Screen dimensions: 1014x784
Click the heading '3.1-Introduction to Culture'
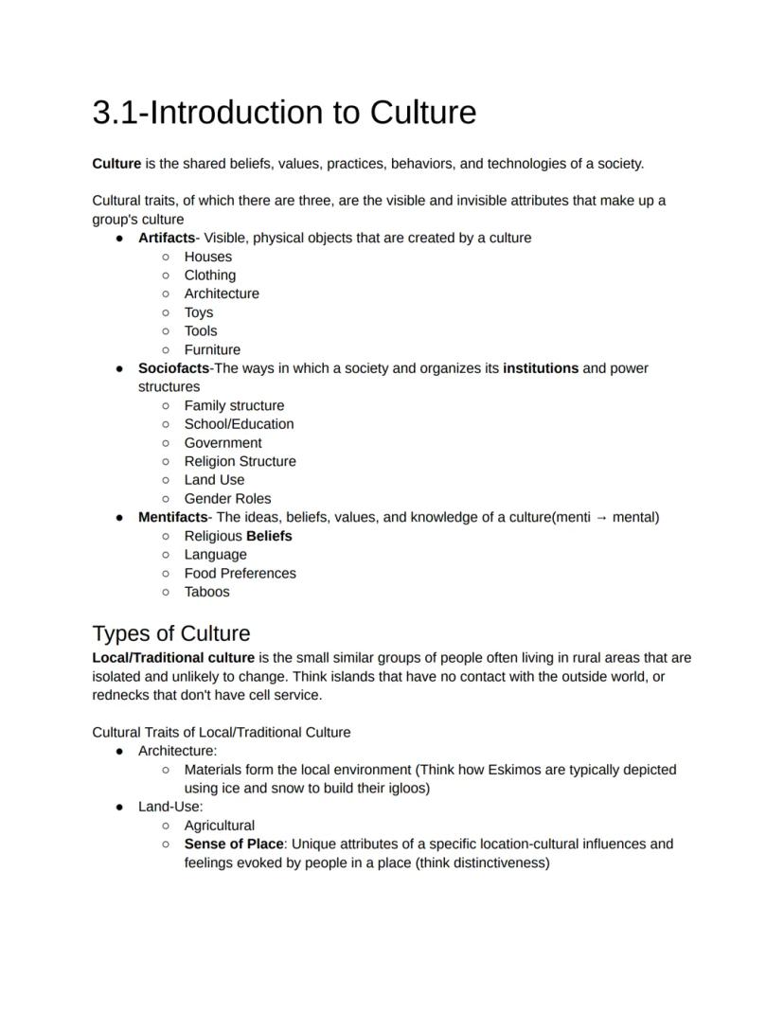[x=284, y=113]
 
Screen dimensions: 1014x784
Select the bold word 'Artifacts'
[x=167, y=238]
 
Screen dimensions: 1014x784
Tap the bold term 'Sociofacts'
[x=173, y=368]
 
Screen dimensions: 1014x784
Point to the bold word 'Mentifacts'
[x=172, y=517]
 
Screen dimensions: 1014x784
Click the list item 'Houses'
[x=207, y=257]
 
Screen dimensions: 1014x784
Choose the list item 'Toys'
[x=199, y=312]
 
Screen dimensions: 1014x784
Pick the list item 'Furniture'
[x=212, y=349]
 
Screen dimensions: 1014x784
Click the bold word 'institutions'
[x=541, y=368]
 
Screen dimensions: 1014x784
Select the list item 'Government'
[x=223, y=442]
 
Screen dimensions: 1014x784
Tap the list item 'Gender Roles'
[x=227, y=498]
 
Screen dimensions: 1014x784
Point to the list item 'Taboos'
[x=206, y=592]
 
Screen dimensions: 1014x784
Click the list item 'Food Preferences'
[x=240, y=573]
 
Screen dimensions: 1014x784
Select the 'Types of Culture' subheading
[x=171, y=633]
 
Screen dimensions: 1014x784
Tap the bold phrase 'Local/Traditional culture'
[x=173, y=657]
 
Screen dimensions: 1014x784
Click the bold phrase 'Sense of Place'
[x=233, y=844]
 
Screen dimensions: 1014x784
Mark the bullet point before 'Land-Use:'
[x=119, y=807]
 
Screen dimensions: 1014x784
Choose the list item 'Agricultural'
[x=219, y=826]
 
